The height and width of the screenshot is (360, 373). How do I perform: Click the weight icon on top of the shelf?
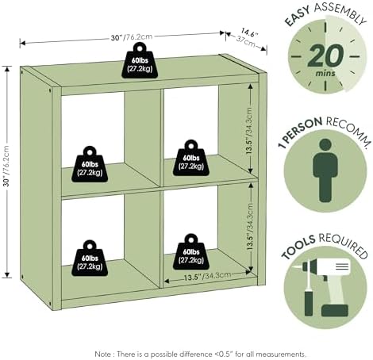(x=140, y=60)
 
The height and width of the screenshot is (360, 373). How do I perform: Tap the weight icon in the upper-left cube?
(x=90, y=164)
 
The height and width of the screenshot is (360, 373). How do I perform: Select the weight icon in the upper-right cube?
(x=191, y=158)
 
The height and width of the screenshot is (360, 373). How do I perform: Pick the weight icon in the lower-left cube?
(x=90, y=259)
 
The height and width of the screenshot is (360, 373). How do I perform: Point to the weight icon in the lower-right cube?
(x=191, y=252)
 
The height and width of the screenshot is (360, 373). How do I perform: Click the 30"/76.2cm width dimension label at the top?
(x=132, y=37)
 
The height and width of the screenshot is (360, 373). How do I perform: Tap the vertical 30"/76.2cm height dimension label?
(x=6, y=166)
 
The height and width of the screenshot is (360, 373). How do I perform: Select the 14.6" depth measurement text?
(x=249, y=33)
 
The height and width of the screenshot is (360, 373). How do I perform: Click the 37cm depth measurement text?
(x=246, y=41)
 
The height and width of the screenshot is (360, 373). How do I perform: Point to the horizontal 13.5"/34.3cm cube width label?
(x=207, y=276)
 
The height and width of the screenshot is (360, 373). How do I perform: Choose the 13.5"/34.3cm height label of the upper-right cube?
(x=250, y=131)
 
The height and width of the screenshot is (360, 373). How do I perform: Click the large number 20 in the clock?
(x=326, y=56)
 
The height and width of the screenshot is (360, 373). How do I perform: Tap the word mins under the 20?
(x=325, y=73)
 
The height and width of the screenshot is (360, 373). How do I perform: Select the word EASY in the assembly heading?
(x=298, y=17)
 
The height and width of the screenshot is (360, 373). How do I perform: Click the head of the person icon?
(x=325, y=146)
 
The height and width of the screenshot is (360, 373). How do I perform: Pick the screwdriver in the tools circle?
(x=308, y=288)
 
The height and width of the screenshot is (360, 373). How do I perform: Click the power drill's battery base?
(x=335, y=311)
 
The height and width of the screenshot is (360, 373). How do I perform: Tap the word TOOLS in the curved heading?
(x=298, y=247)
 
